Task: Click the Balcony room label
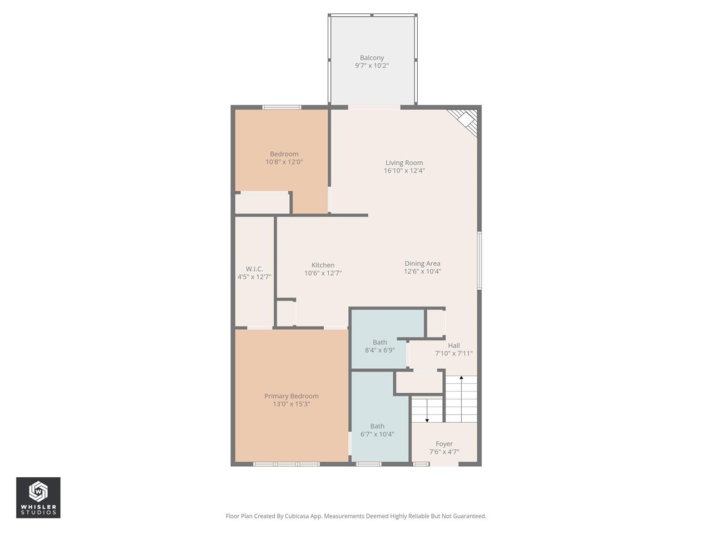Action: click(x=372, y=58)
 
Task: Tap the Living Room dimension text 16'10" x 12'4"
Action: click(x=404, y=171)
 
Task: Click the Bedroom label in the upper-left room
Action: click(x=284, y=154)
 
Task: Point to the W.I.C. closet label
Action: click(x=254, y=269)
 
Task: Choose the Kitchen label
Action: click(x=323, y=265)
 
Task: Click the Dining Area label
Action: click(x=422, y=264)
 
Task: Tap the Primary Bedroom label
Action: click(x=291, y=396)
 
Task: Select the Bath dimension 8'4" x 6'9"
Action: click(x=380, y=350)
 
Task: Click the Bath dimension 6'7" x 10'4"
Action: click(x=377, y=434)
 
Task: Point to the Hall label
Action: click(x=454, y=345)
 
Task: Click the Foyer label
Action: click(x=444, y=444)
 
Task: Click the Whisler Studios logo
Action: click(x=38, y=497)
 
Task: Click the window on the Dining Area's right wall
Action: click(x=479, y=260)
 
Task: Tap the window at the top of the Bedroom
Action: click(x=282, y=107)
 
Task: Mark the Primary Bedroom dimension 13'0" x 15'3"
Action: click(x=291, y=404)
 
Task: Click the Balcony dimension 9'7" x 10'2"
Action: click(x=372, y=66)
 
